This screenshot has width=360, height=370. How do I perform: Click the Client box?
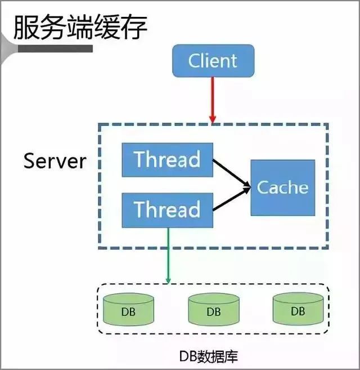(x=213, y=60)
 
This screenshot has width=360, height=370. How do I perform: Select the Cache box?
(x=282, y=187)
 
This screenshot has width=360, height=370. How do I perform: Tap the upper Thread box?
(x=167, y=159)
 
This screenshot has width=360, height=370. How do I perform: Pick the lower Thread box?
(x=167, y=209)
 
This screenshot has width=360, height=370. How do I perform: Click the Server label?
(x=55, y=161)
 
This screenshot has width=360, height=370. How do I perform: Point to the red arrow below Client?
(x=213, y=99)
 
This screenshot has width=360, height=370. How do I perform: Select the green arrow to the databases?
(x=168, y=253)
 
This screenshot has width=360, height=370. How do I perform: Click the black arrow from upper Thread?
(x=231, y=172)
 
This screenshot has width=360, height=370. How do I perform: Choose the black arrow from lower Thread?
(x=231, y=200)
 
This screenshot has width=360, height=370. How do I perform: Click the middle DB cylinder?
(x=213, y=310)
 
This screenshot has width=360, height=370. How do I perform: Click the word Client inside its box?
(x=213, y=60)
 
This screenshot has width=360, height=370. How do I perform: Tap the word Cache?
(x=282, y=187)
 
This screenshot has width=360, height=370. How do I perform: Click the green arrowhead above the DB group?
(x=168, y=280)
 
